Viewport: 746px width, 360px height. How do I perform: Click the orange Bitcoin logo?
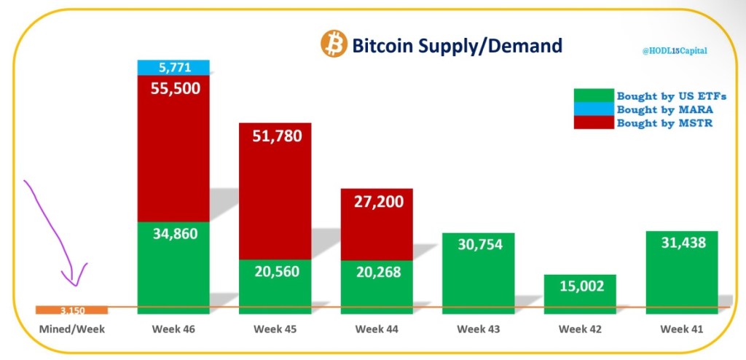(334, 44)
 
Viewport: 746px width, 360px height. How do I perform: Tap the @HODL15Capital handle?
(674, 51)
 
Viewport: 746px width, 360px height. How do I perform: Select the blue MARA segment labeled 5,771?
(173, 68)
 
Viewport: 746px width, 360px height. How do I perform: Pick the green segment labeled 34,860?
(173, 266)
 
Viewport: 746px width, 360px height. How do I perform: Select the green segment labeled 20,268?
(377, 286)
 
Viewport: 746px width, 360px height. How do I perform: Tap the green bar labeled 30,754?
(479, 271)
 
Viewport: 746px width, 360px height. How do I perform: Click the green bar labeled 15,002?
(581, 293)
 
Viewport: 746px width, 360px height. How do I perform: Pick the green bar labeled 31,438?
(683, 271)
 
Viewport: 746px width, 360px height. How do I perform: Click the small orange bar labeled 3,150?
(72, 310)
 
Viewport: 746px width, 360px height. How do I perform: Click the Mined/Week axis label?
(72, 329)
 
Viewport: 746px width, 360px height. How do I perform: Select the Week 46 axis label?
(173, 329)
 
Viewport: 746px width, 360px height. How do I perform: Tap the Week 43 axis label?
(479, 329)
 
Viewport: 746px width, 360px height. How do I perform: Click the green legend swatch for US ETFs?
(594, 96)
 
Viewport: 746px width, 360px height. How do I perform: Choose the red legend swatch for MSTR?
(594, 122)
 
